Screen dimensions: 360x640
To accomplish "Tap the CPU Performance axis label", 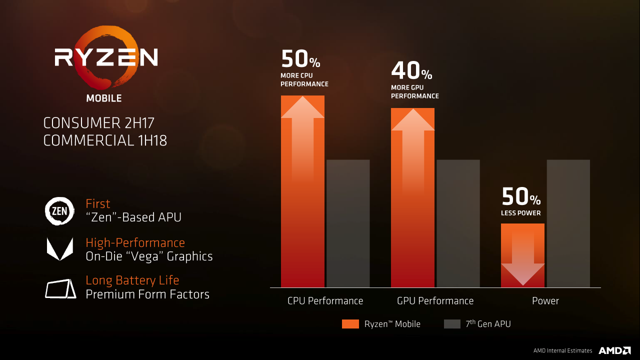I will tap(325, 301).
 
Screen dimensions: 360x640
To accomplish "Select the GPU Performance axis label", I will tap(435, 301).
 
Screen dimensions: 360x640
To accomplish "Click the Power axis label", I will tap(545, 301).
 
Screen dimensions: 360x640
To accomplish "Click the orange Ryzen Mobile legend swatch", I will tap(350, 324).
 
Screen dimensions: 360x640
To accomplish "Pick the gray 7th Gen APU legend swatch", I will tap(452, 324).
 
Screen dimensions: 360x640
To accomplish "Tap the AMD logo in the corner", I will tap(614, 350).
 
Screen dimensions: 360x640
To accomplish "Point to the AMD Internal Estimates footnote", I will tap(562, 351).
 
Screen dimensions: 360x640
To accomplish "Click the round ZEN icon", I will tap(59, 210).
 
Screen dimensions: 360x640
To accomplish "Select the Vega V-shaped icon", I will tap(59, 248).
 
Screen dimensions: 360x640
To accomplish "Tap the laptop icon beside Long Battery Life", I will tap(60, 288).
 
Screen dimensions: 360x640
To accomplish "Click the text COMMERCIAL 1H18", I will tap(105, 141).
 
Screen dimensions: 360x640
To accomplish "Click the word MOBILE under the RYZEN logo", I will tap(104, 98).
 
